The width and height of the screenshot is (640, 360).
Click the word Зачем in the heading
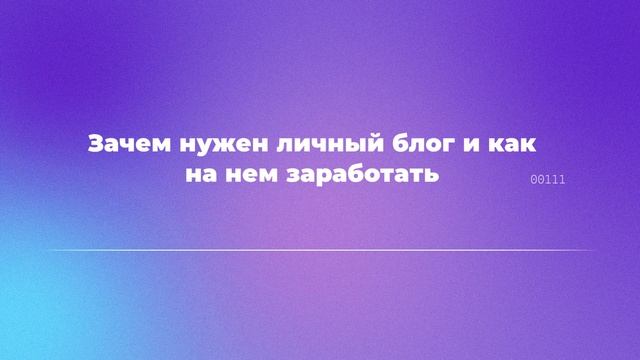tap(117, 144)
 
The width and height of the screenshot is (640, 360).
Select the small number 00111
tap(548, 180)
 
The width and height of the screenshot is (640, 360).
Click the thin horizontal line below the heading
tap(320, 250)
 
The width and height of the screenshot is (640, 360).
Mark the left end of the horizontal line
tap(45, 250)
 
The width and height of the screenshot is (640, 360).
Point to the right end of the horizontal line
tap(596, 250)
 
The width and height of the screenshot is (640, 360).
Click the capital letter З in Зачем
tap(95, 144)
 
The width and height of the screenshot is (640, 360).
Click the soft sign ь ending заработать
tap(434, 174)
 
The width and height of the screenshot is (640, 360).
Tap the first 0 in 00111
tap(533, 180)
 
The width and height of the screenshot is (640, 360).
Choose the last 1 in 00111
tap(563, 180)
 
